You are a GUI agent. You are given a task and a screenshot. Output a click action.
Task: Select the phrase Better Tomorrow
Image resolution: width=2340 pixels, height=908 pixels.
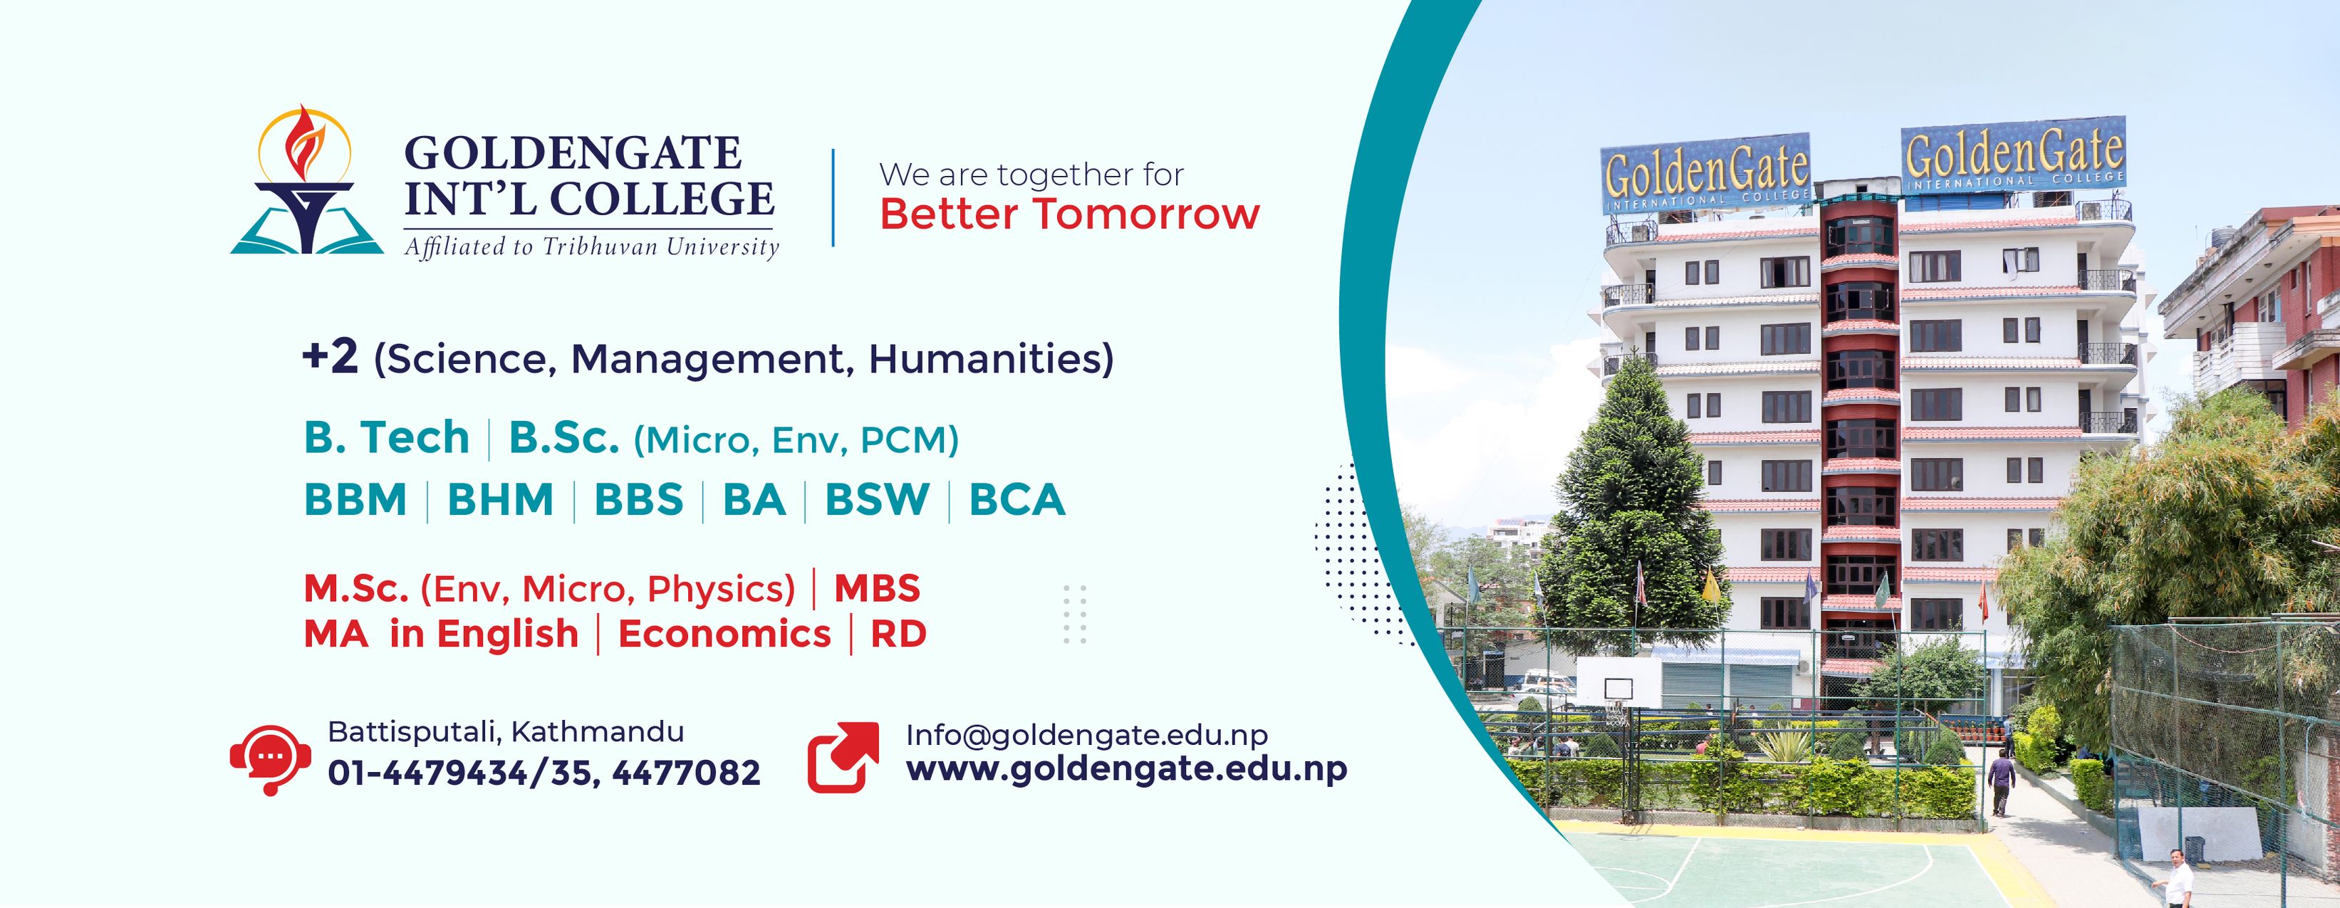pyautogui.click(x=1069, y=215)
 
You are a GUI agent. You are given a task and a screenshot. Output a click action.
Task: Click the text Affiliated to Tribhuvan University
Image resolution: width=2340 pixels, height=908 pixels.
pyautogui.click(x=591, y=246)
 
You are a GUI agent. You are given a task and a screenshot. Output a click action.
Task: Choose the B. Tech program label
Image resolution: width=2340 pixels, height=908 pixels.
pyautogui.click(x=386, y=438)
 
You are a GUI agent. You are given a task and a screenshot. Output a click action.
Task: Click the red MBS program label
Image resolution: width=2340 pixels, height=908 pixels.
pyautogui.click(x=877, y=589)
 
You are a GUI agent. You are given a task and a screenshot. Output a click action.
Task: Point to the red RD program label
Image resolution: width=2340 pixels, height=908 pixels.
pyautogui.click(x=898, y=634)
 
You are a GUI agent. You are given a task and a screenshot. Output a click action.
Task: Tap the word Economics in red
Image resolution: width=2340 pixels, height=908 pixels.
pyautogui.click(x=724, y=634)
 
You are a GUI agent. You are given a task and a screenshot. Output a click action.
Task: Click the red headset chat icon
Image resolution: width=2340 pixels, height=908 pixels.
pyautogui.click(x=271, y=759)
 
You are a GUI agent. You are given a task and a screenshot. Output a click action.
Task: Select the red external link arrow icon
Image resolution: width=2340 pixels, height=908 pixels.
pyautogui.click(x=843, y=757)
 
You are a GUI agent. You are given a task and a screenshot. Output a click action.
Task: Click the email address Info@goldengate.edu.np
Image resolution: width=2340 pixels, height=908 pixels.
pyautogui.click(x=1086, y=734)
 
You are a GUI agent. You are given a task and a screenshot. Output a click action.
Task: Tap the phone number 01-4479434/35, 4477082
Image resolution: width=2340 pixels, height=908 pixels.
pyautogui.click(x=544, y=773)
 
